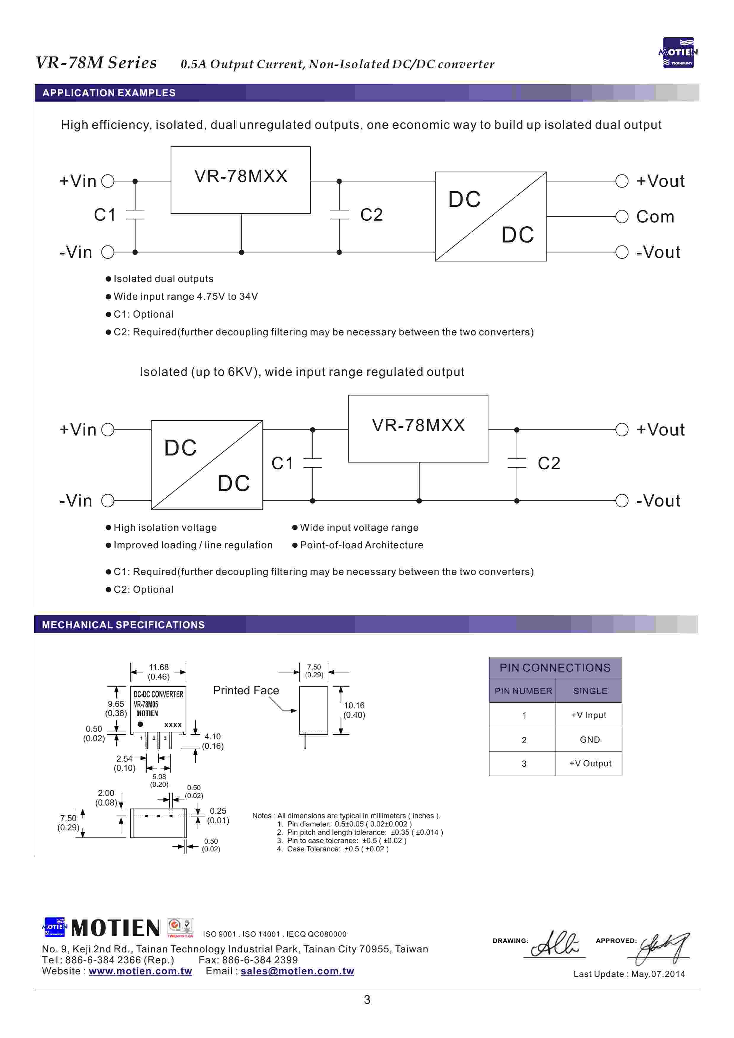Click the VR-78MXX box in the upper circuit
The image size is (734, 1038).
click(240, 180)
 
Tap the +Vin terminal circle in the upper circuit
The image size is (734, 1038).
click(107, 181)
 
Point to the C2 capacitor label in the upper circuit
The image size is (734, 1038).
click(371, 215)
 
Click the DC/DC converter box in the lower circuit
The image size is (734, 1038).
click(207, 465)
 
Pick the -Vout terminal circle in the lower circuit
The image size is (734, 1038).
click(622, 501)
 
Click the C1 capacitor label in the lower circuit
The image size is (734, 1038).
click(282, 463)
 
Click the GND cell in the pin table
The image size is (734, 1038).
click(590, 740)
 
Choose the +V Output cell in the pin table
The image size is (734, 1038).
click(590, 764)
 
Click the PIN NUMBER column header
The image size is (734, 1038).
click(523, 691)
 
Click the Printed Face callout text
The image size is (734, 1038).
click(246, 690)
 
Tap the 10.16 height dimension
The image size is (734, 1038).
click(354, 710)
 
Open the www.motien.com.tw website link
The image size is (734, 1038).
click(140, 971)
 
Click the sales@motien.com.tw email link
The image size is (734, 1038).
click(297, 971)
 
